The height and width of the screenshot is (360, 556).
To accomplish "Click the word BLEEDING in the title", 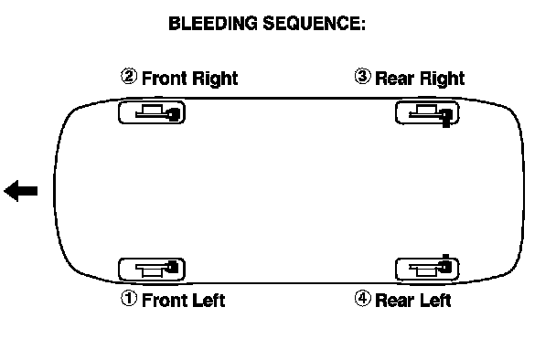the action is point(213,24).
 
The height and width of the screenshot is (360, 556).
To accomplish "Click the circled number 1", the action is point(129,298).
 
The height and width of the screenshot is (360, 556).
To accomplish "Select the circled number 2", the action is point(129,76).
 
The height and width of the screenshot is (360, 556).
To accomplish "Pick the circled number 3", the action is point(362,76).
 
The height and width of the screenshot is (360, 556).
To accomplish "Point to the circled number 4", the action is point(362,299).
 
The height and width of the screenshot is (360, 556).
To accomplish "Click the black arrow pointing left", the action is point(20,191).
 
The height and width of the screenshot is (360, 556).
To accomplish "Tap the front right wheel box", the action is point(152,112).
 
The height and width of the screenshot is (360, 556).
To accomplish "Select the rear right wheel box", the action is point(427,112).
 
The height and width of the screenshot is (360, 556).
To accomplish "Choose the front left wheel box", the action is point(152,270).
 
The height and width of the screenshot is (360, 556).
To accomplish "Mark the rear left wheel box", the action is point(427,270).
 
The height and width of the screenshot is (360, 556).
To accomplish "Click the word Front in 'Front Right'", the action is point(165,78).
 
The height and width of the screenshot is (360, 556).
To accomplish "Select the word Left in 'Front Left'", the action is point(208,300).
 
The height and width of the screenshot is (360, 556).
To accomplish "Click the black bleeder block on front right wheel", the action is point(174,114).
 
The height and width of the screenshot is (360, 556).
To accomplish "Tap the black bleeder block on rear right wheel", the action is point(445,117).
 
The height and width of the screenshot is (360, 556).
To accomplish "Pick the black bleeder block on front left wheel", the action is point(172,267).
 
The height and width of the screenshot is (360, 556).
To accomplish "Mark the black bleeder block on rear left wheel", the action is point(445,264).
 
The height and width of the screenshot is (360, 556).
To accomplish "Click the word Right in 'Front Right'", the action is point(214,79).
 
